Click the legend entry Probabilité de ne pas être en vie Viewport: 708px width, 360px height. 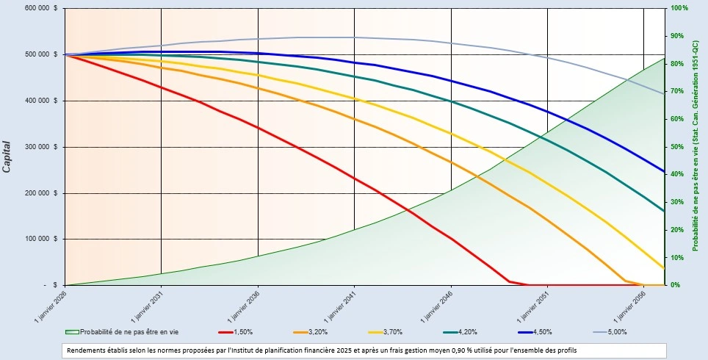coord(128,332)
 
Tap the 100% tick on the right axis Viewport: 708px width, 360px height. coord(679,8)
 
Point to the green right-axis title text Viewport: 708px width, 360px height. coord(695,146)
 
